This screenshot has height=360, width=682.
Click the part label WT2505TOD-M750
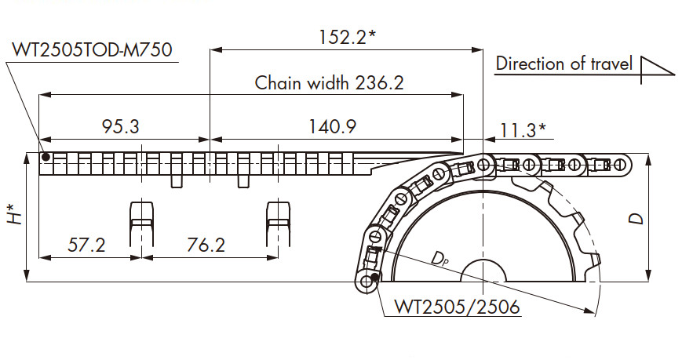click(x=92, y=49)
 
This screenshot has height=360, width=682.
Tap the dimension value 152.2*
click(x=347, y=37)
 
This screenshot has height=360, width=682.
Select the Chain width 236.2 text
click(x=330, y=82)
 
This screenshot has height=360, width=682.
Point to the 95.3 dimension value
click(x=121, y=126)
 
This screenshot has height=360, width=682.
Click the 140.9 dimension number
click(x=332, y=126)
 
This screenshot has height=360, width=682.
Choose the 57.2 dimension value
click(x=86, y=245)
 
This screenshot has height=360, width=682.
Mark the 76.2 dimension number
click(x=206, y=245)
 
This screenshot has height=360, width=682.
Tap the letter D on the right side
click(x=636, y=218)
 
